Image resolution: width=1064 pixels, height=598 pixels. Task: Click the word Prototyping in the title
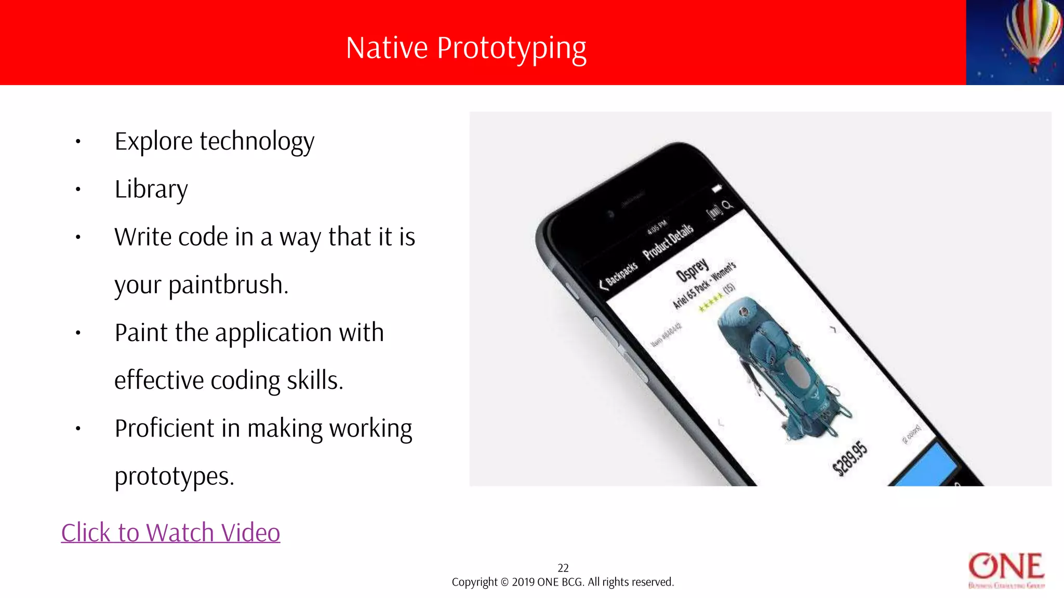pos(511,48)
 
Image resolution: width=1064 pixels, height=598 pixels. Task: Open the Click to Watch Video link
pos(170,533)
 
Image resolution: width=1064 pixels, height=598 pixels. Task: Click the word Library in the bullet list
pos(151,189)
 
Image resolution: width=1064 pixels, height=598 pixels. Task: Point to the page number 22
pos(563,568)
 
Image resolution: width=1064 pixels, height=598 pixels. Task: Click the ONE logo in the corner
pos(1006,570)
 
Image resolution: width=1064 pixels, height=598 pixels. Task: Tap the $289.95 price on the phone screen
pos(850,458)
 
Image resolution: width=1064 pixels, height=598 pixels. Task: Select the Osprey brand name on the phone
pos(692,269)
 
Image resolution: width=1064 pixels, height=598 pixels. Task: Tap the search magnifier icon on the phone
pos(728,205)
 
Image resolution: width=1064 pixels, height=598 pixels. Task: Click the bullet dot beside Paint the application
pos(78,333)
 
